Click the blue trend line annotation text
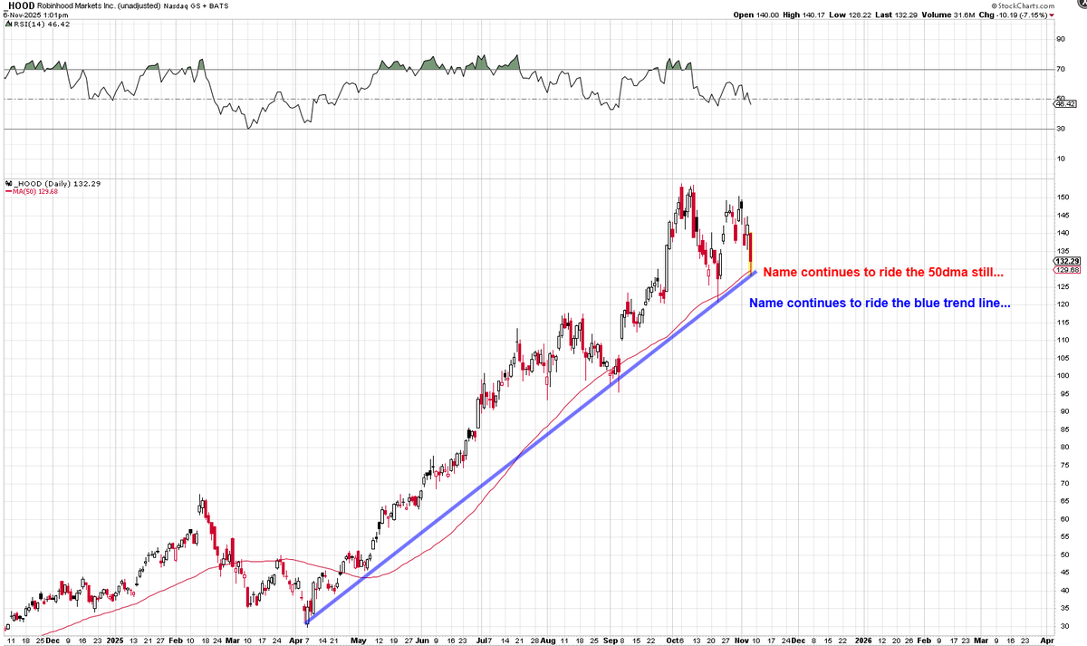pos(880,304)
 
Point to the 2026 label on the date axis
pos(862,639)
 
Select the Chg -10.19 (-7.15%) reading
pos(1021,15)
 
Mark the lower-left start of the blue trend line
pos(308,622)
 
